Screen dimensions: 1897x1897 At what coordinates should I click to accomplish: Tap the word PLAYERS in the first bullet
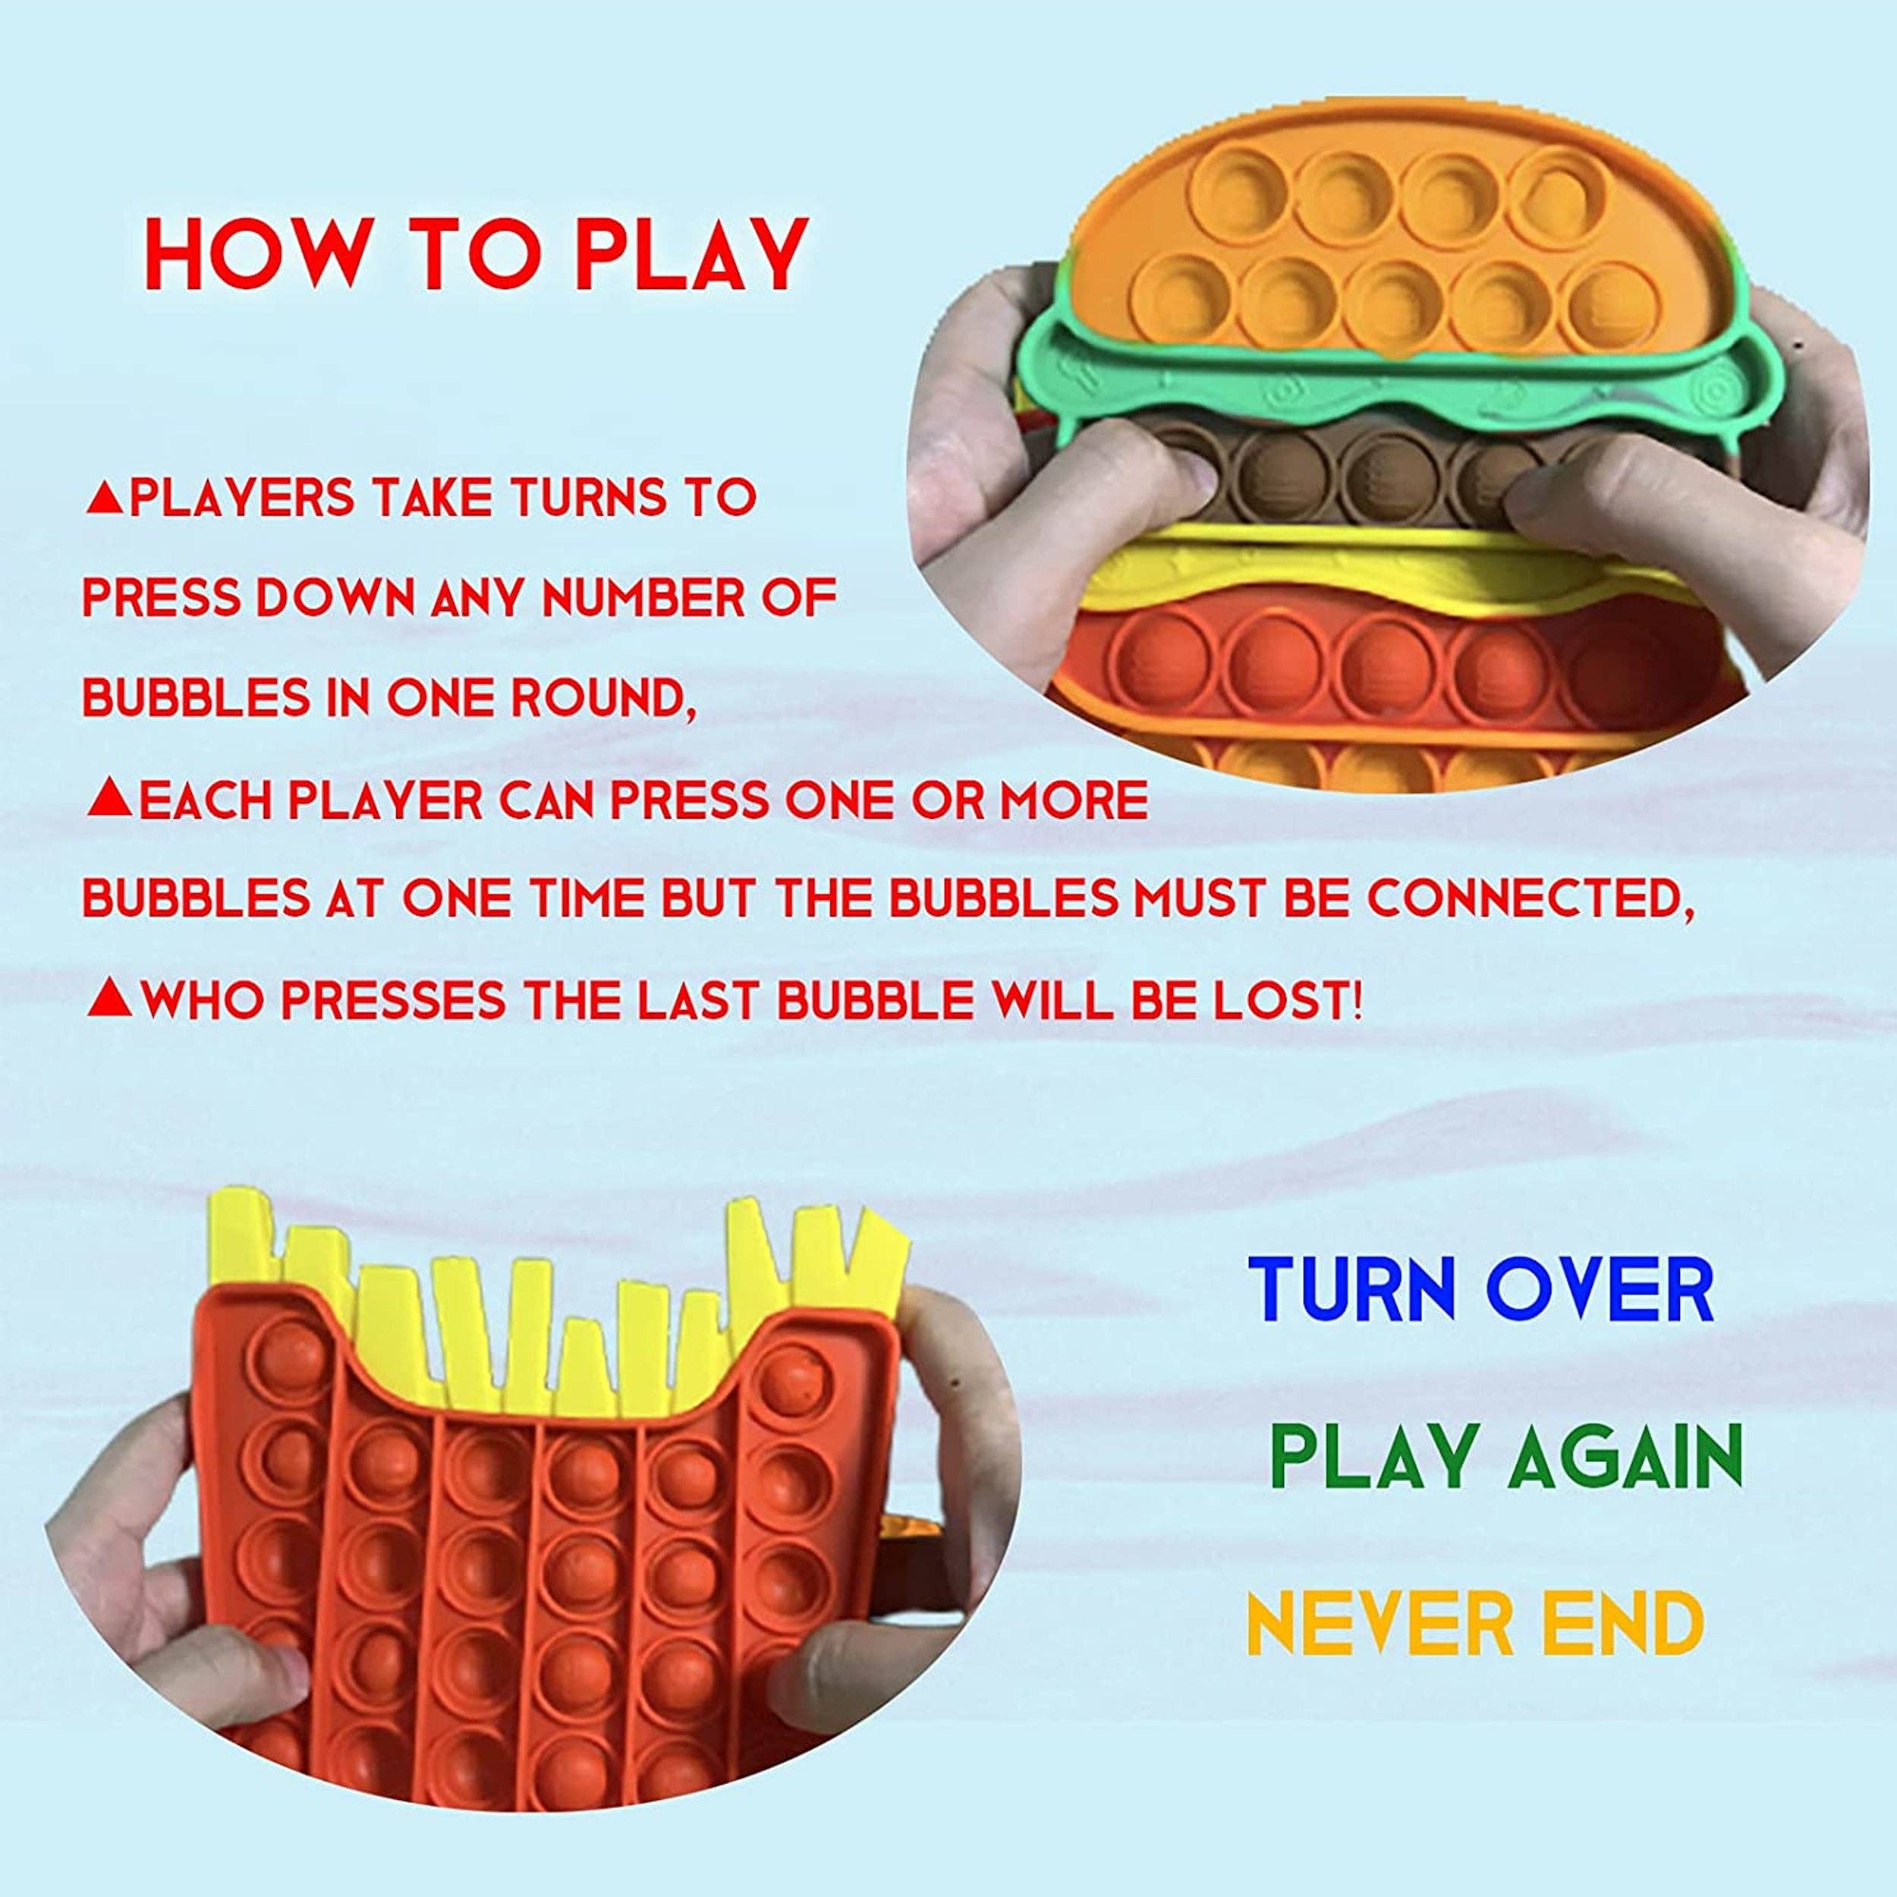241,498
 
